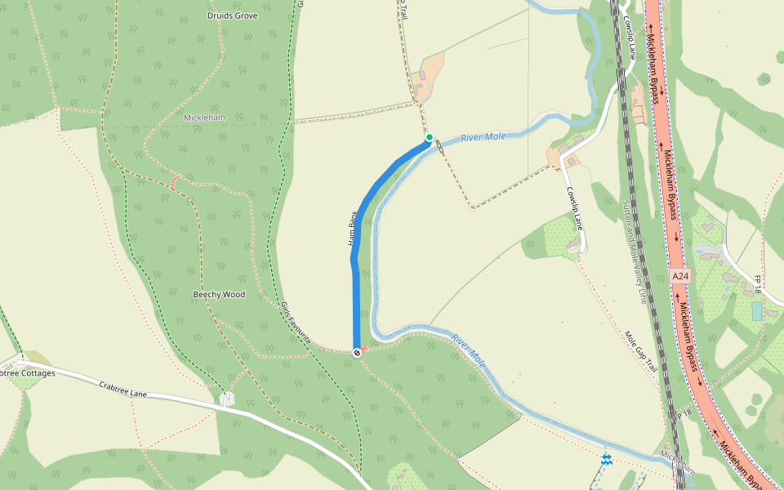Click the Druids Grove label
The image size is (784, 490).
tap(233, 16)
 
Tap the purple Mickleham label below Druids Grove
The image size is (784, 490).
tap(204, 118)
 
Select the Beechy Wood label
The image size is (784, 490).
tap(219, 294)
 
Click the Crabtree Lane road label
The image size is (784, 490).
tap(122, 390)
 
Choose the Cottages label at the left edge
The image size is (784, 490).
tap(28, 373)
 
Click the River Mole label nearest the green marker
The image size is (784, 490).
tap(483, 137)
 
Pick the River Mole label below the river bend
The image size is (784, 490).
tap(470, 350)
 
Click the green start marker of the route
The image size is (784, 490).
tap(429, 137)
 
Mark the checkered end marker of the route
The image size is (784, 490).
tap(357, 352)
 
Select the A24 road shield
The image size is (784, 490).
tap(680, 277)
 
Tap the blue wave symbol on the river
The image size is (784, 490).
tap(606, 460)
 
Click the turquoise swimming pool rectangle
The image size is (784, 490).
tap(757, 310)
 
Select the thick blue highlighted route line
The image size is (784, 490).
tap(357, 269)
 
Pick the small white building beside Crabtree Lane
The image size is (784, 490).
tap(227, 399)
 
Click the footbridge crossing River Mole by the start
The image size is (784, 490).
tap(439, 145)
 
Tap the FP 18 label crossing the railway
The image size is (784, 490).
tap(677, 416)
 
